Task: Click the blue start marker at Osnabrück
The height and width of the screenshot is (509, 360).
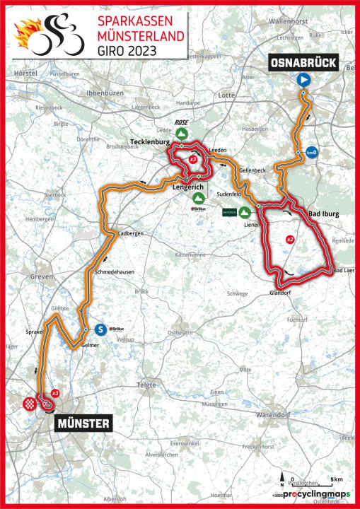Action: [x=303, y=81]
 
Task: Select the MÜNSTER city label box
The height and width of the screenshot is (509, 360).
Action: [x=82, y=423]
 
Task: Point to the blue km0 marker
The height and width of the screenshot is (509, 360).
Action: [x=311, y=152]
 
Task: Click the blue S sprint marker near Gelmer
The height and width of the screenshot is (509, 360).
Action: [x=100, y=329]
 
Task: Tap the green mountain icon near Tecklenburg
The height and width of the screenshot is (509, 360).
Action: [x=182, y=133]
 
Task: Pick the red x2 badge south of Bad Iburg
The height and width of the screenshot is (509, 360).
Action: [x=289, y=240]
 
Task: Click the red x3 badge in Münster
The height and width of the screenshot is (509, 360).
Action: [x=54, y=392]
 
